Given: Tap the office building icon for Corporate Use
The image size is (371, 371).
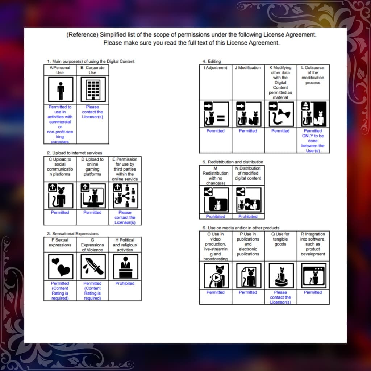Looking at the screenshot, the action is click(93, 89).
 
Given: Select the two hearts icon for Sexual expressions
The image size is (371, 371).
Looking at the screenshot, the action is click(61, 267).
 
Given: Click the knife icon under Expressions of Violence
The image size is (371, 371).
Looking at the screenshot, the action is click(93, 267).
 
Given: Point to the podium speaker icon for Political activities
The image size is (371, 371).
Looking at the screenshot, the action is click(125, 267).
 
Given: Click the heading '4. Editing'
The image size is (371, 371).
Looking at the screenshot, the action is click(212, 61).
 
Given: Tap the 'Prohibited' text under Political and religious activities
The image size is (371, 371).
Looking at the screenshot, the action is click(125, 283).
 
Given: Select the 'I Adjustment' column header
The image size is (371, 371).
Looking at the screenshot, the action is click(215, 68).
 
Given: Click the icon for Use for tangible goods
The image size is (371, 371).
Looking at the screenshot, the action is click(281, 276).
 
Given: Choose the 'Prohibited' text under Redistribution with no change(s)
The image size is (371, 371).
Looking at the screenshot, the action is click(216, 217).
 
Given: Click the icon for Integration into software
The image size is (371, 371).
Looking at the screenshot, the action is click(314, 276).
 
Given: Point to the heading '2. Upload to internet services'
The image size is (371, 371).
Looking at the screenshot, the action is click(75, 153).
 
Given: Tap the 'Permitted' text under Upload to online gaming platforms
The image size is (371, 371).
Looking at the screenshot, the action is click(92, 212).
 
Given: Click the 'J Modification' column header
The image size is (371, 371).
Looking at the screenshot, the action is click(248, 68).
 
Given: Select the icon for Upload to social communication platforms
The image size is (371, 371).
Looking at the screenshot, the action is click(61, 196).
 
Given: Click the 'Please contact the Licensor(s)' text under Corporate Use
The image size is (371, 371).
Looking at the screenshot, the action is click(92, 112).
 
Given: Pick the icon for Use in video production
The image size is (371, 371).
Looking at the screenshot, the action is click(216, 276).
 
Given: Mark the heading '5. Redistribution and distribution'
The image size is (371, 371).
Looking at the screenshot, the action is click(233, 162).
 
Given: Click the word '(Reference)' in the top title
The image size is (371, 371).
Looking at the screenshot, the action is click(82, 35).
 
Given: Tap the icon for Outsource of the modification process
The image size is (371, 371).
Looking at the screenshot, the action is click(314, 114).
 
